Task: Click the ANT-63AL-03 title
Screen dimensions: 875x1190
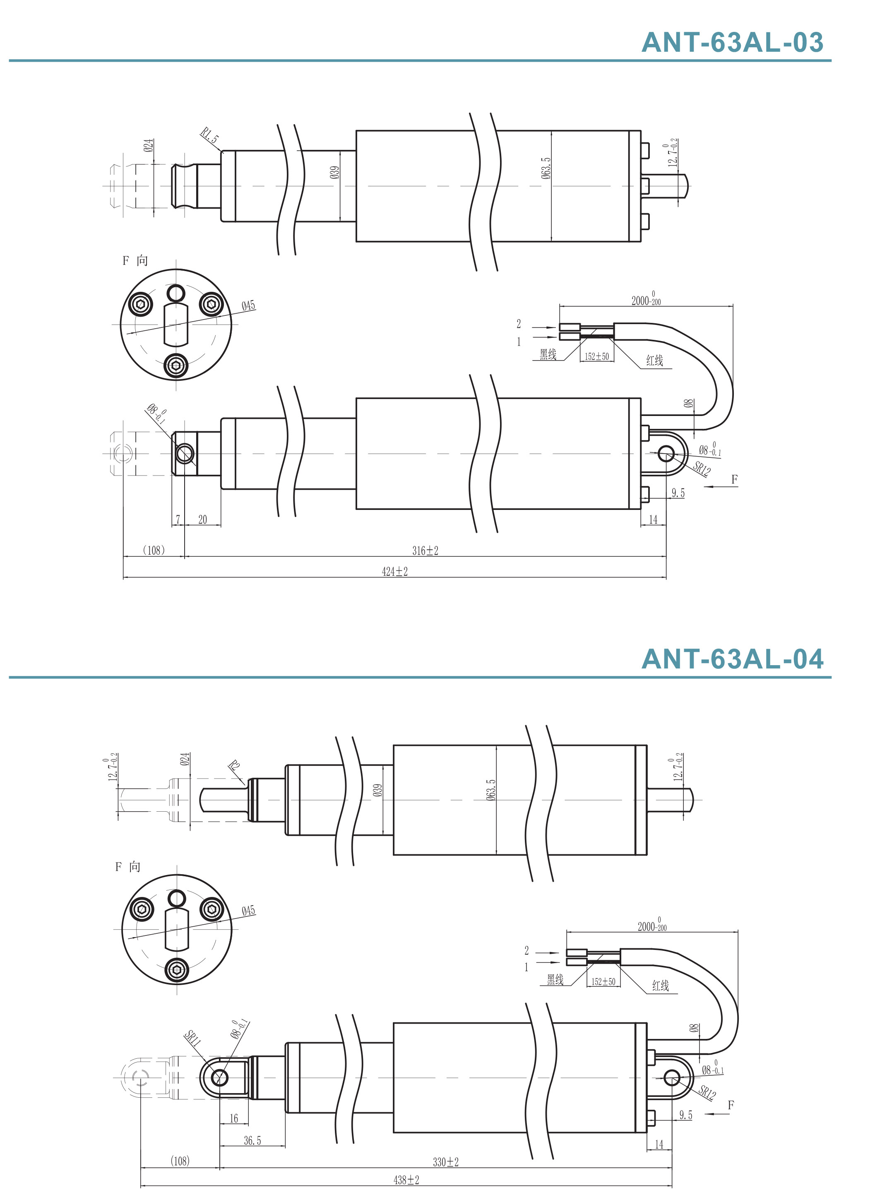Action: (733, 42)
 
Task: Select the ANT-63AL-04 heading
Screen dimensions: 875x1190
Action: (733, 659)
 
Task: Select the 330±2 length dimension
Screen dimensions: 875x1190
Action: (446, 1162)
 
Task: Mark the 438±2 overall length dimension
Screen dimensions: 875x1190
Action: (406, 1180)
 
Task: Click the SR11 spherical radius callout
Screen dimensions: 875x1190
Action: (193, 1039)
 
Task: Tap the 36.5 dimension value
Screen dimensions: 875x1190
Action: (252, 1140)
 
